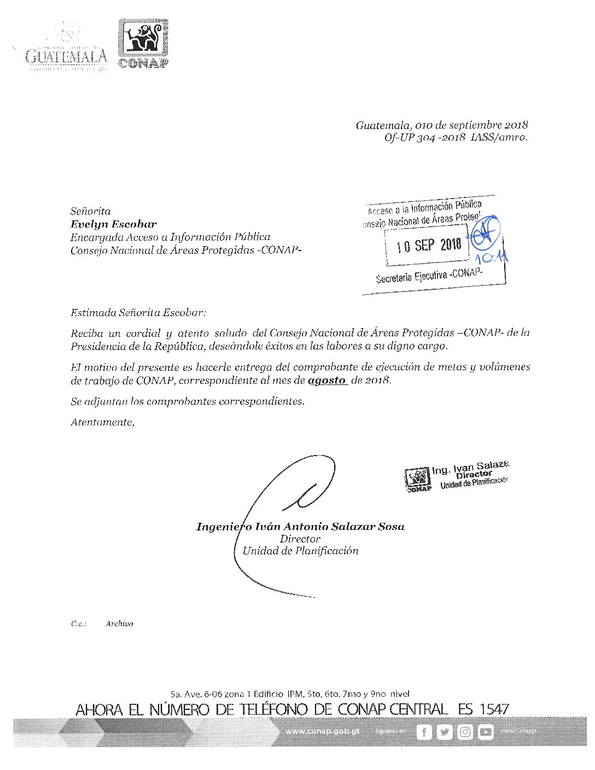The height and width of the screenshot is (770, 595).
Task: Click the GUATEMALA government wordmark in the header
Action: click(x=66, y=56)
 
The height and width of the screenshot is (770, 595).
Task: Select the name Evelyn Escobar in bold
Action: click(x=113, y=224)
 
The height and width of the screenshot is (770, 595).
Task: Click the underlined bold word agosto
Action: click(x=327, y=381)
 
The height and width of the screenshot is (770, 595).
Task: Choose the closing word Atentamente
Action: click(x=102, y=422)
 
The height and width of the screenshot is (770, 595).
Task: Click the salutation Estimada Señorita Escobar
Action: click(x=138, y=313)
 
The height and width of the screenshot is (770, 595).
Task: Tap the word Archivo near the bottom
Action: click(x=119, y=623)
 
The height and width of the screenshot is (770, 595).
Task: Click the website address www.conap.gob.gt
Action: click(x=323, y=731)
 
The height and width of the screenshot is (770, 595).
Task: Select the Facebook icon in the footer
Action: click(x=424, y=732)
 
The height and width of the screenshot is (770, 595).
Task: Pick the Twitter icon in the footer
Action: click(x=445, y=732)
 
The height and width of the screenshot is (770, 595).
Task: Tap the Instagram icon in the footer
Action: click(x=465, y=732)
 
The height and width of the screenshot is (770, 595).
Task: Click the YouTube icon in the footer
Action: click(x=485, y=732)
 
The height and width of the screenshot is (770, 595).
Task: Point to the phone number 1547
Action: click(x=494, y=710)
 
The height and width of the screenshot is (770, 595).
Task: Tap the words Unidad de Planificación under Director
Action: click(x=300, y=551)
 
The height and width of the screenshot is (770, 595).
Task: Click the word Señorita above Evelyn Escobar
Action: click(x=90, y=211)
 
